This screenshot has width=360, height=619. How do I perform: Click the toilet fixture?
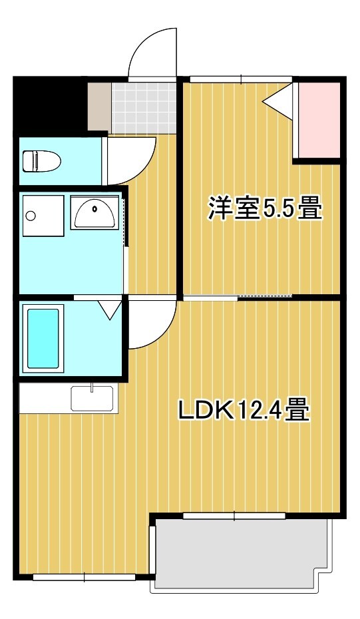point(41,161)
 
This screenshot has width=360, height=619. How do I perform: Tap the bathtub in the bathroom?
point(43,339)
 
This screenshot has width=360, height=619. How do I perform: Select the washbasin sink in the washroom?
point(94,212)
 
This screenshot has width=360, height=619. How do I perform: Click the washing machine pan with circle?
point(43,216)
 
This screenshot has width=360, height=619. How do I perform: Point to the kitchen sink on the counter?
point(94,398)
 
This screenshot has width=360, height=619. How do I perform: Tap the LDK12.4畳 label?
point(244,410)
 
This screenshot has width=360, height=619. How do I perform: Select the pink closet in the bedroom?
point(319,120)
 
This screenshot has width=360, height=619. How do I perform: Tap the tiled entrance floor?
point(143,107)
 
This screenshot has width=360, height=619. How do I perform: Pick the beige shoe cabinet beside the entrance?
point(99,106)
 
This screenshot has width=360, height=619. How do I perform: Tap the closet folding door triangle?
point(278,100)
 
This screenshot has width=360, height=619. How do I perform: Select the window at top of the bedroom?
point(241,79)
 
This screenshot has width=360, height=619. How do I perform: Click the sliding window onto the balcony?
point(234,516)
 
